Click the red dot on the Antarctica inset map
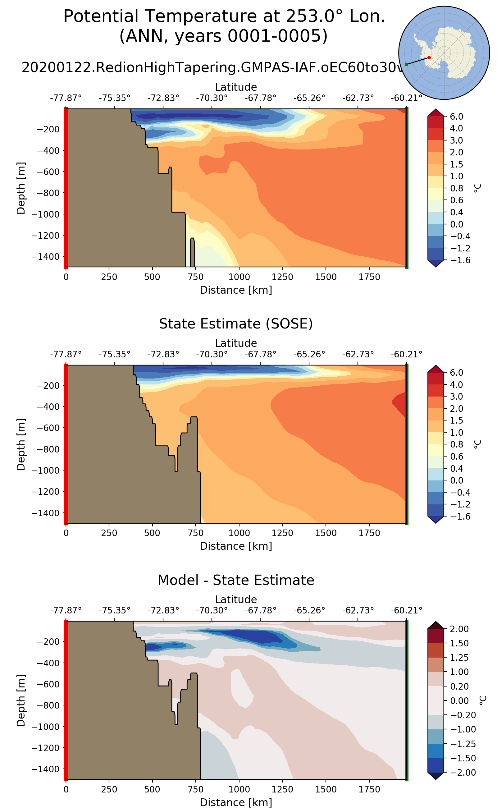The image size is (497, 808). pyautogui.click(x=429, y=57)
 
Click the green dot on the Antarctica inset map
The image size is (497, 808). pyautogui.click(x=406, y=64)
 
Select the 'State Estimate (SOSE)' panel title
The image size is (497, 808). pyautogui.click(x=236, y=324)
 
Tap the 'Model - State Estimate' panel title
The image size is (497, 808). pyautogui.click(x=236, y=580)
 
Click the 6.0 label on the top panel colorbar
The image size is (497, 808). pyautogui.click(x=457, y=117)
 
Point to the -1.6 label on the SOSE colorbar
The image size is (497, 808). pyautogui.click(x=459, y=516)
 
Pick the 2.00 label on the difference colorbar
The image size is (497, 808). pyautogui.click(x=459, y=629)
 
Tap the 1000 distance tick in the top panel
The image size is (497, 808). pyautogui.click(x=239, y=277)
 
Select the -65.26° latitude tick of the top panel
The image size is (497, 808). pyautogui.click(x=309, y=98)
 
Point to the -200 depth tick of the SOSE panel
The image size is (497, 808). pyautogui.click(x=48, y=385)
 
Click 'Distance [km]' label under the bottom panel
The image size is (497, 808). pyautogui.click(x=236, y=802)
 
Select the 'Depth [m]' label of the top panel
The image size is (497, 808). pyautogui.click(x=21, y=188)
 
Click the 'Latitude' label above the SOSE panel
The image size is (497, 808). pyautogui.click(x=236, y=343)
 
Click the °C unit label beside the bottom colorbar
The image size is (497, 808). pyautogui.click(x=482, y=700)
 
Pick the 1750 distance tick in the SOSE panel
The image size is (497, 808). pyautogui.click(x=369, y=533)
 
